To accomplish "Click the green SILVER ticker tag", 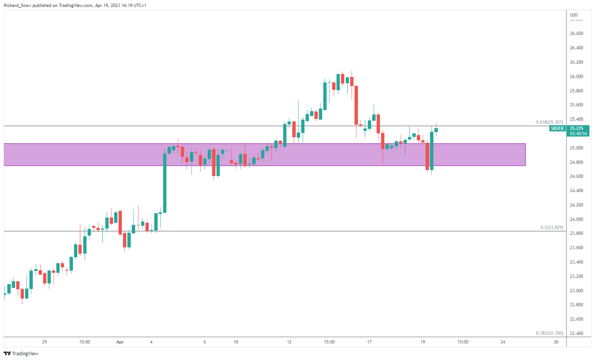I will pos(557,128).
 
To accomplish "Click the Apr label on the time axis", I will pos(120,342).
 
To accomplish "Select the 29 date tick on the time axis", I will pos(44,342).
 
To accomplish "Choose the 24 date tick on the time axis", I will pos(503,342).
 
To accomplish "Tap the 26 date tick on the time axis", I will pos(556,342).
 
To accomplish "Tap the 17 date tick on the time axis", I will pos(369,342).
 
